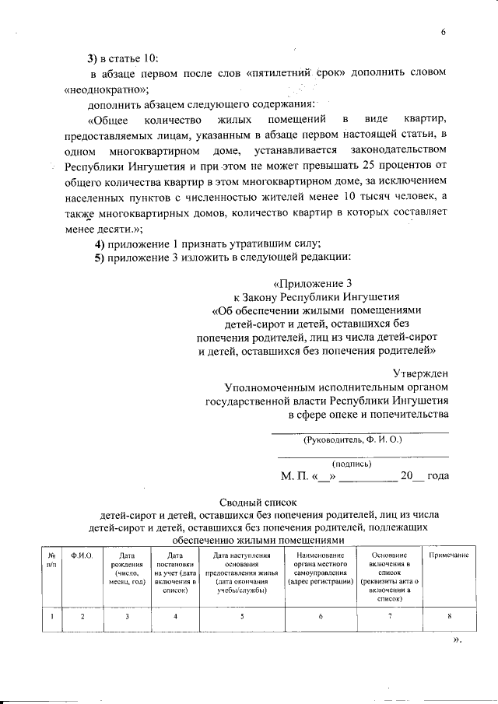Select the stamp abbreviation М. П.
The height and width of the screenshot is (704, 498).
(x=294, y=476)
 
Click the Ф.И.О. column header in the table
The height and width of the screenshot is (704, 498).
(x=82, y=555)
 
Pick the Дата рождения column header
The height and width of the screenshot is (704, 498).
(x=127, y=569)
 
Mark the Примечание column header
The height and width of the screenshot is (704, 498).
(x=449, y=555)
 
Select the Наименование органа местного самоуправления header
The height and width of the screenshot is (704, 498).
(x=320, y=569)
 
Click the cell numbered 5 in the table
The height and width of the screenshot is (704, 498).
(x=242, y=617)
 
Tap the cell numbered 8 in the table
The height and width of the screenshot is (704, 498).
(x=449, y=617)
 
